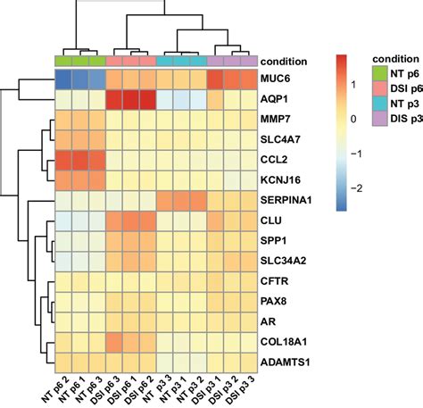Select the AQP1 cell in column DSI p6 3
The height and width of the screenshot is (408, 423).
[x=114, y=99]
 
